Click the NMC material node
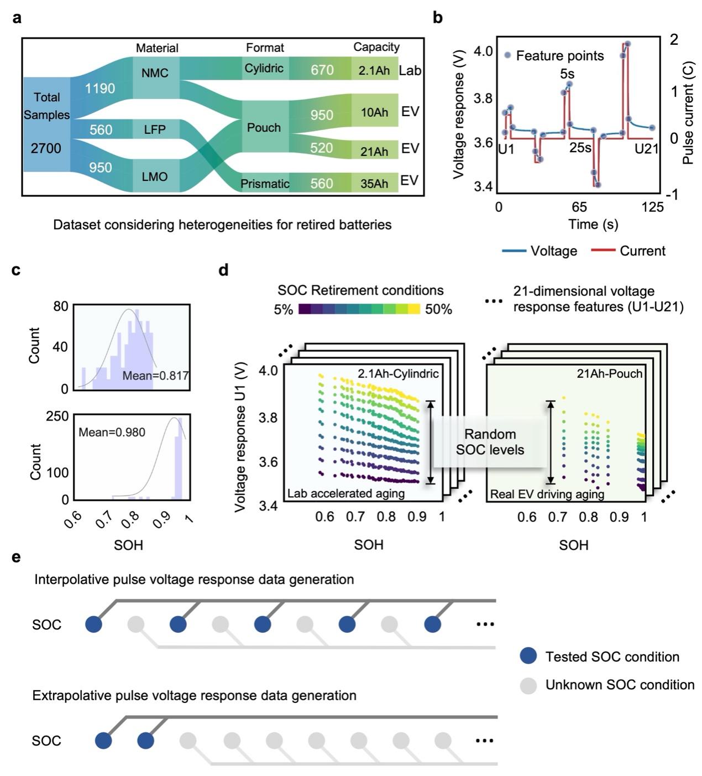[155, 74]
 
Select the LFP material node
[155, 129]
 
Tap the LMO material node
[155, 176]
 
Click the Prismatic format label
[265, 184]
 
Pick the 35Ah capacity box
[374, 184]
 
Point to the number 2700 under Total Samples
[46, 148]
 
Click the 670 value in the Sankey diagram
[322, 70]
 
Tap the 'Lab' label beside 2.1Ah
[410, 70]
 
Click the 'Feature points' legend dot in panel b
[507, 55]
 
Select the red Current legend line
[603, 251]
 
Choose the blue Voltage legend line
[514, 251]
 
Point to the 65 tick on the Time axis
[579, 207]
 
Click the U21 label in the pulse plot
[646, 149]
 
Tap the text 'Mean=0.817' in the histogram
[155, 376]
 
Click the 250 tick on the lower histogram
[57, 416]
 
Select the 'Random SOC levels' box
[490, 442]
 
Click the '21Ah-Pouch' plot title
[610, 374]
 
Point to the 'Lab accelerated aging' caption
[346, 493]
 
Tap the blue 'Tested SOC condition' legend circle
[528, 657]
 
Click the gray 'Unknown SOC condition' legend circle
[528, 685]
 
